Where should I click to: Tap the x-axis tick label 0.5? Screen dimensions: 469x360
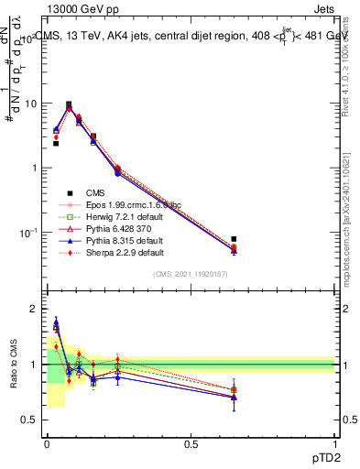191,444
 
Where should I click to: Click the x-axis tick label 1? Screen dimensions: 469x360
334,444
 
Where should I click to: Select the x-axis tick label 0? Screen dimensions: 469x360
46,444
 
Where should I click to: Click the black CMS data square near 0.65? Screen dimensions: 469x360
234,239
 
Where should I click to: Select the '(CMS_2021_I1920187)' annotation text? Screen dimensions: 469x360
190,273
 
